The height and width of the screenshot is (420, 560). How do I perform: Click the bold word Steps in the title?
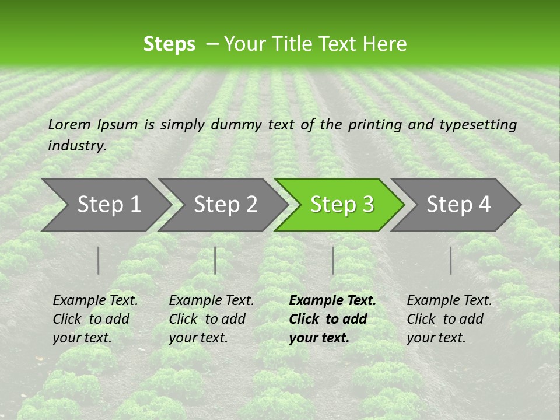pyautogui.click(x=169, y=44)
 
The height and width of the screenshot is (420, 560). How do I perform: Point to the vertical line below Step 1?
pyautogui.click(x=99, y=260)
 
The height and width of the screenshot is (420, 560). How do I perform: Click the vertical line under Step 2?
pyautogui.click(x=215, y=260)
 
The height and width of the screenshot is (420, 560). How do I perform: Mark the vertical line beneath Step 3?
pyautogui.click(x=332, y=260)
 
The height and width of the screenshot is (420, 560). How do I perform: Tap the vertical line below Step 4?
pyautogui.click(x=451, y=260)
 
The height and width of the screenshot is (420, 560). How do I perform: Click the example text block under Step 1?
pyautogui.click(x=95, y=319)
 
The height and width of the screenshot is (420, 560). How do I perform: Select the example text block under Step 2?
pyautogui.click(x=211, y=319)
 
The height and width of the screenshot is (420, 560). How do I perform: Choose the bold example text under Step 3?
pyautogui.click(x=332, y=319)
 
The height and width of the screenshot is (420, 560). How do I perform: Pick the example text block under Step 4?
pyautogui.click(x=449, y=319)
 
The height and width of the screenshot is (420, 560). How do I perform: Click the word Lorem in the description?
pyautogui.click(x=69, y=124)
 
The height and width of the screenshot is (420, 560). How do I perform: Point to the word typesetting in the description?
pyautogui.click(x=478, y=124)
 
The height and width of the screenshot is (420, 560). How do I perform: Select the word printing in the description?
pyautogui.click(x=374, y=124)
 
